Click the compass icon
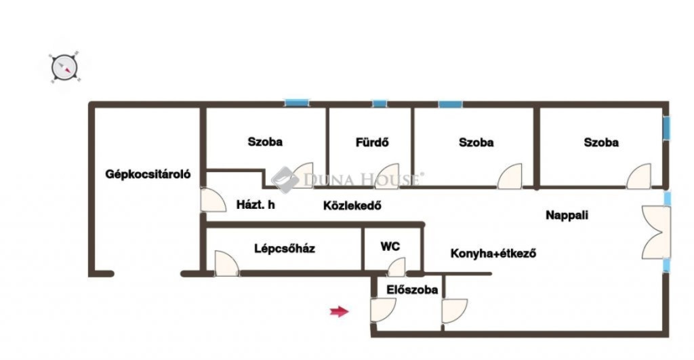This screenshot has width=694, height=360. (64, 68)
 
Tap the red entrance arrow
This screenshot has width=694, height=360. (339, 311)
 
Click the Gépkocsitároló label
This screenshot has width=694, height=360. (148, 174)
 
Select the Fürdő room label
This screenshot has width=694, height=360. (372, 142)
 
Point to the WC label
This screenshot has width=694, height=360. (390, 246)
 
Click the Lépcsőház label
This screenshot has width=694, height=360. (285, 248)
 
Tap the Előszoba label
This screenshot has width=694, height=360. (412, 289)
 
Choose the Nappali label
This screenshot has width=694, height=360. (567, 215)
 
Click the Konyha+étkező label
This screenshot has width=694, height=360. (493, 254)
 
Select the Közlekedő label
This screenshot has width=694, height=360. (352, 205)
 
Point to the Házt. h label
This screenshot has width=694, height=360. (256, 204)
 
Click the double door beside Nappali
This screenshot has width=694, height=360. (656, 232)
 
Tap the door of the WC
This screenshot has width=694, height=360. (396, 267)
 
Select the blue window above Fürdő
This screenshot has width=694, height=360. (380, 104)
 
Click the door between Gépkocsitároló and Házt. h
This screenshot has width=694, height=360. (213, 200)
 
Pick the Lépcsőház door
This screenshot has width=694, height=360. (226, 264)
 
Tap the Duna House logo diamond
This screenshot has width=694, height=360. (285, 180)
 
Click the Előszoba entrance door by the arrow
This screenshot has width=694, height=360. (383, 310)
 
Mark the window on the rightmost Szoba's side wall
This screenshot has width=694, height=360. (666, 128)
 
